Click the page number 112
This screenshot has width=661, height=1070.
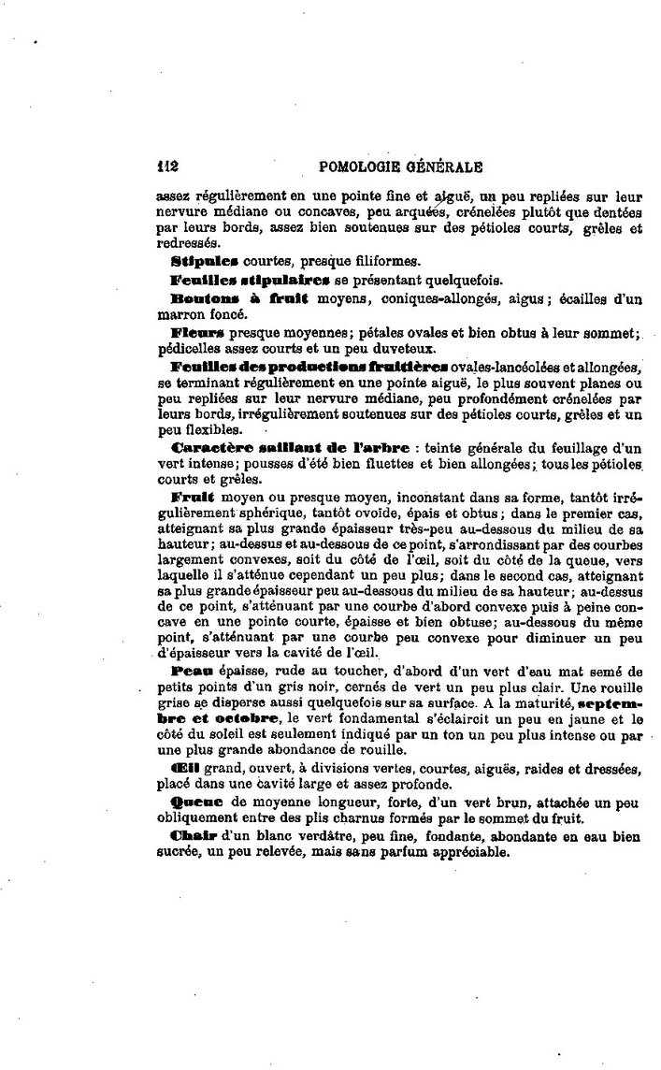(168, 168)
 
